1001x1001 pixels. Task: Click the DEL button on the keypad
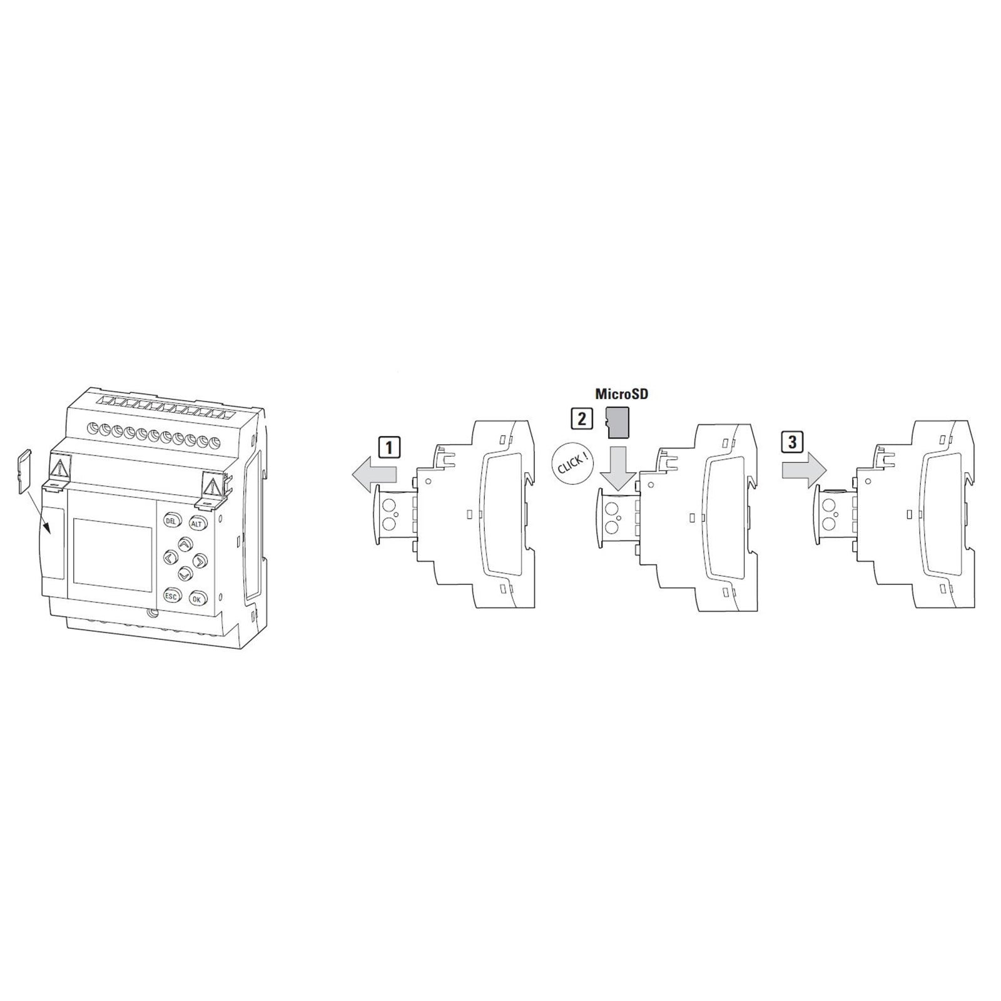tap(171, 521)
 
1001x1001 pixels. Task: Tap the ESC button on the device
tap(171, 596)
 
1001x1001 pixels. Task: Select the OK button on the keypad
tap(198, 599)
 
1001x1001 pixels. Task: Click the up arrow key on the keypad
tap(185, 544)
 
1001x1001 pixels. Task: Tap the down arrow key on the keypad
tap(185, 572)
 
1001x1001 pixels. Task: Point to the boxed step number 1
tap(389, 447)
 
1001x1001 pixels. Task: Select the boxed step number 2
tap(582, 417)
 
